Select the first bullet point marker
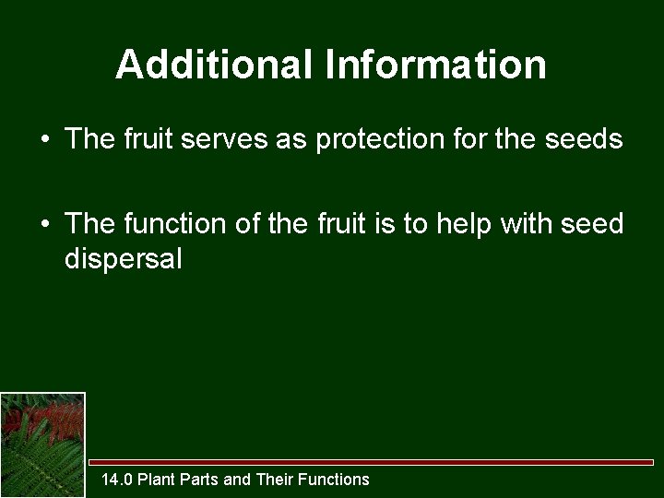pyautogui.click(x=44, y=140)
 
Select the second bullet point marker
pyautogui.click(x=44, y=224)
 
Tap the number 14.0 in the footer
pyautogui.click(x=117, y=479)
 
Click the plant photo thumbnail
pyautogui.click(x=42, y=445)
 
